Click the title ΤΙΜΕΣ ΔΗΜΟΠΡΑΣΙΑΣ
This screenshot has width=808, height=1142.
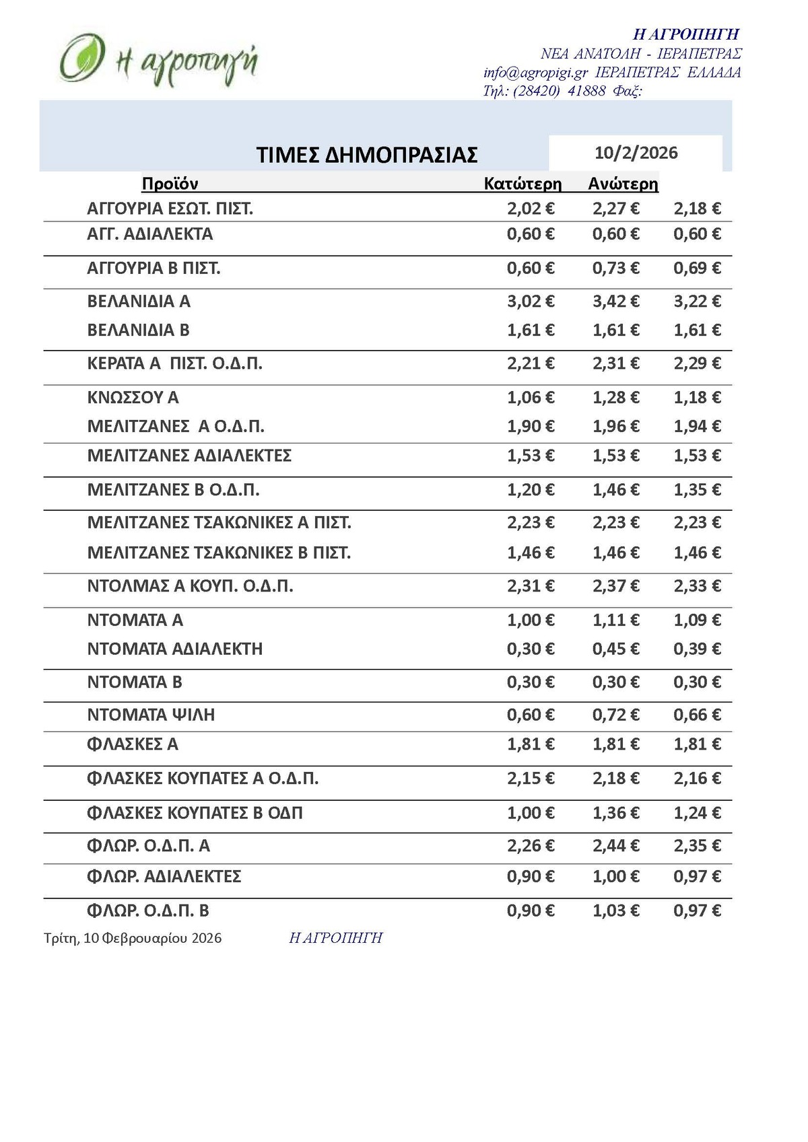367,155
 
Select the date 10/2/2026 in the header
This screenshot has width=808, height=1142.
636,153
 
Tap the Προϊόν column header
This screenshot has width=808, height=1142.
170,184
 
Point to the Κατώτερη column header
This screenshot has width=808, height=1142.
523,184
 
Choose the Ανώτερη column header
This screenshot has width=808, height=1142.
623,184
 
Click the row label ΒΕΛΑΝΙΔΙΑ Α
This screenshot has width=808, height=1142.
139,301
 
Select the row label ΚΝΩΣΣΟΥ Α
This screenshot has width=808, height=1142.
133,398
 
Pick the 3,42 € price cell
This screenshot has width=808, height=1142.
615,301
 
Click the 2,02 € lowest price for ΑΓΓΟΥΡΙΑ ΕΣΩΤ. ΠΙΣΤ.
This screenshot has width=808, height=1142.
531,209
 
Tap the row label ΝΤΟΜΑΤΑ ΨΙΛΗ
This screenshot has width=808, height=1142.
151,715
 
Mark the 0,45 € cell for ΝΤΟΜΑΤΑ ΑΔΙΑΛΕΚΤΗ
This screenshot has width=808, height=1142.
615,649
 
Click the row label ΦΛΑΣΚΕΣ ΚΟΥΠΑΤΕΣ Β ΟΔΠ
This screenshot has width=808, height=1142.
195,813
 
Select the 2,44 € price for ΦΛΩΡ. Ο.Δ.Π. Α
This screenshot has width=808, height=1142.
615,846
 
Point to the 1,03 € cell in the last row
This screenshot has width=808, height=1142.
615,911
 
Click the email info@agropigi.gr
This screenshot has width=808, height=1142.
535,73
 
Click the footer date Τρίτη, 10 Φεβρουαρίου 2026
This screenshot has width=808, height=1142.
133,938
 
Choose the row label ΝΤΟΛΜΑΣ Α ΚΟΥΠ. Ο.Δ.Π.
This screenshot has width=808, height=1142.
190,586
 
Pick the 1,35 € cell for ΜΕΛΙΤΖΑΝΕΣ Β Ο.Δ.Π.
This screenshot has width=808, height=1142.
697,490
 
